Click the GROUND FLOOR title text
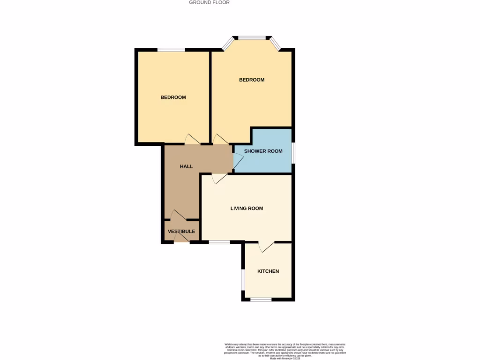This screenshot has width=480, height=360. (209, 2)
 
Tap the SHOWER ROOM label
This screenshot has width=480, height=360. (263, 151)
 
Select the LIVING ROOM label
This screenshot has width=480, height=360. (247, 209)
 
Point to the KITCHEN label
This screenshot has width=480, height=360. (268, 271)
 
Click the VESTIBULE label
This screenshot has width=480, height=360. (181, 232)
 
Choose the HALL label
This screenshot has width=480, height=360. (187, 166)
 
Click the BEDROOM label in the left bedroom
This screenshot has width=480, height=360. (173, 97)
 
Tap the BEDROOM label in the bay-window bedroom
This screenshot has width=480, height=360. (252, 80)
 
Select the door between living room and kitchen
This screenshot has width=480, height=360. (267, 247)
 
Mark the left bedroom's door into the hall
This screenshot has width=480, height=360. (193, 140)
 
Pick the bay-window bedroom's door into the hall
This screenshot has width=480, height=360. (219, 140)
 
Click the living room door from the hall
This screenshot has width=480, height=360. (219, 179)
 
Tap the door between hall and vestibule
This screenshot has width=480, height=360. (179, 215)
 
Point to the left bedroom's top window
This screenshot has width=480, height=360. (171, 50)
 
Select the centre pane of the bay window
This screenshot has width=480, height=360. (252, 37)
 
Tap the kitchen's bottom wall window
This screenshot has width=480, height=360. (261, 300)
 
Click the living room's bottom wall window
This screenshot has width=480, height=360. (219, 242)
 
